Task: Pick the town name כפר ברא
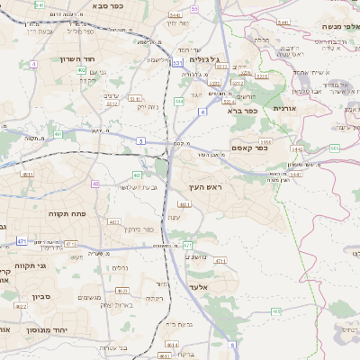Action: click(242, 111)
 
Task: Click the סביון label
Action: click(29, 295)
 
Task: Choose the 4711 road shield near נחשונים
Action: click(220, 260)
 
